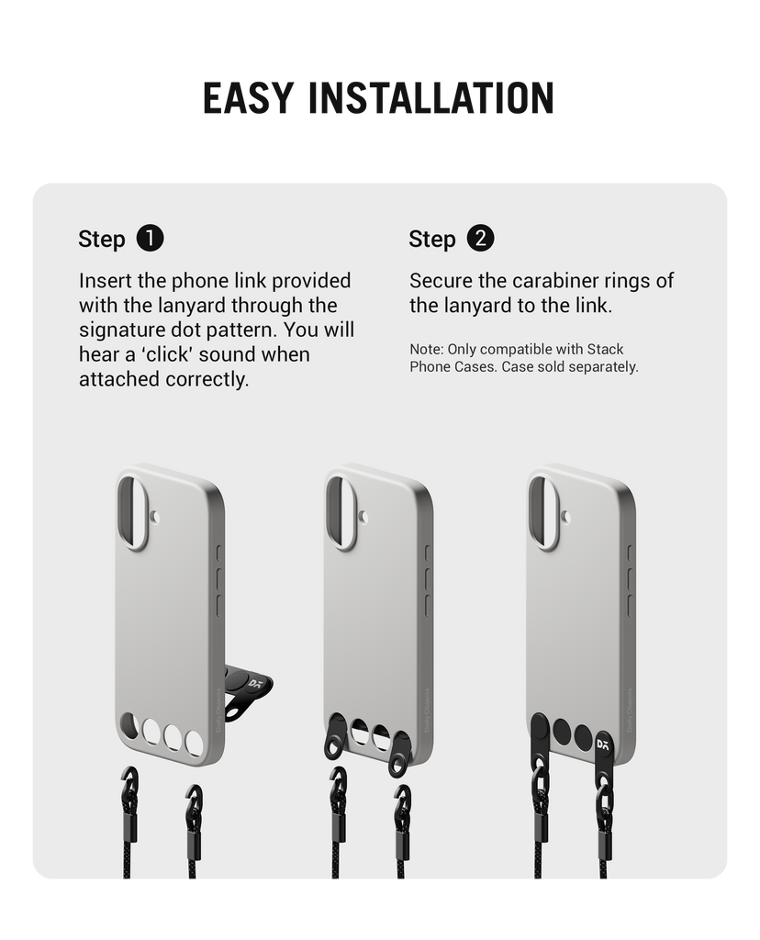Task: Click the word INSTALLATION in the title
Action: [x=431, y=97]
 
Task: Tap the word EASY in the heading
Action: [x=248, y=97]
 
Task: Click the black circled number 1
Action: [x=150, y=238]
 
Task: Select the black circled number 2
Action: [x=480, y=238]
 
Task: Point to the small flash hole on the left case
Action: [x=156, y=517]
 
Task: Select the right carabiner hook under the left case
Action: [x=194, y=800]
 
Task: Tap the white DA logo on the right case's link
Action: [x=603, y=744]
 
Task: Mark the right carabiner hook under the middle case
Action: [x=402, y=800]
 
